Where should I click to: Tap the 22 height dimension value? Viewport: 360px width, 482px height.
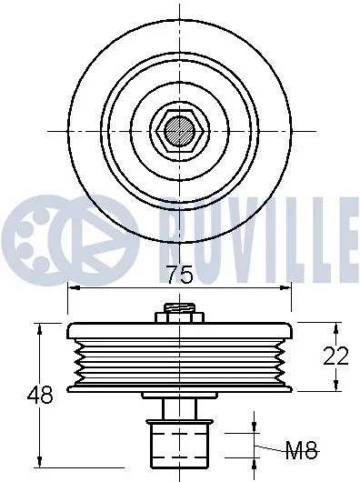335,356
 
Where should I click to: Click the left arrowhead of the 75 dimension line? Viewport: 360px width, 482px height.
73,289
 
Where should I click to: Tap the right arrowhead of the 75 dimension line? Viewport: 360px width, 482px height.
287,289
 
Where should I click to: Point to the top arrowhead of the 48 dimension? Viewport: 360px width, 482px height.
37,326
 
